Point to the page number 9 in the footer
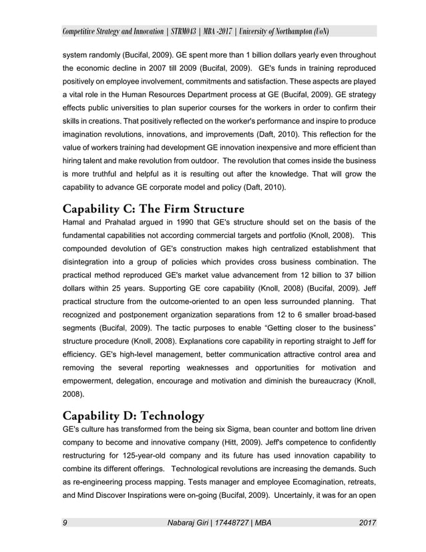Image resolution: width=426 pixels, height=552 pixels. pos(64,522)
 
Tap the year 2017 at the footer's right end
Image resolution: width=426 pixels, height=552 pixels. pos(367,522)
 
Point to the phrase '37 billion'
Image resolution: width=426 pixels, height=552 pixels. pos(355,274)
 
